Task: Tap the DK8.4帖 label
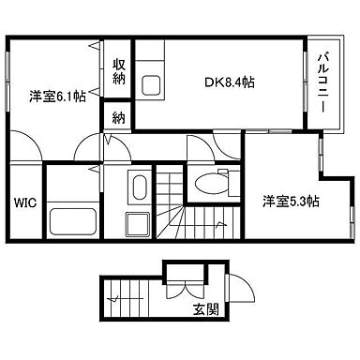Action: click(229, 83)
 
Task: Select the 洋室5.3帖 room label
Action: click(290, 201)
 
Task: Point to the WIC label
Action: click(24, 202)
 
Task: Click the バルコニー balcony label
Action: click(320, 84)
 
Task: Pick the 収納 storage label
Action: click(119, 71)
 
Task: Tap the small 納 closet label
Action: click(119, 117)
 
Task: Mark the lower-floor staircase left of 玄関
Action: click(129, 297)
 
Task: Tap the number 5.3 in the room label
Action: click(297, 201)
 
